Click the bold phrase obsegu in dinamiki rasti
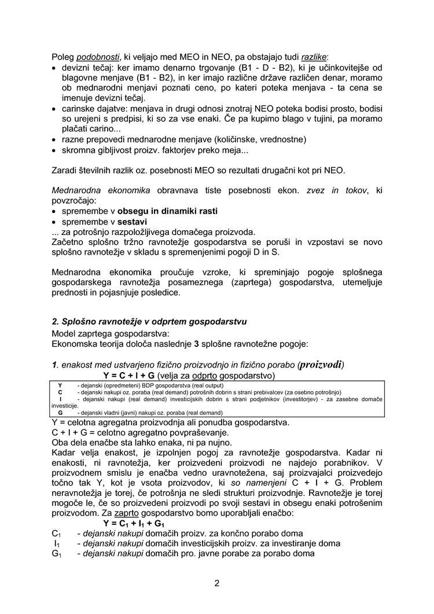[168, 211]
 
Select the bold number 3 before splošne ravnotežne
[196, 342]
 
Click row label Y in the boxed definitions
[60, 385]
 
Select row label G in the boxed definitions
[60, 413]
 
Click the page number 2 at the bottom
[217, 583]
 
